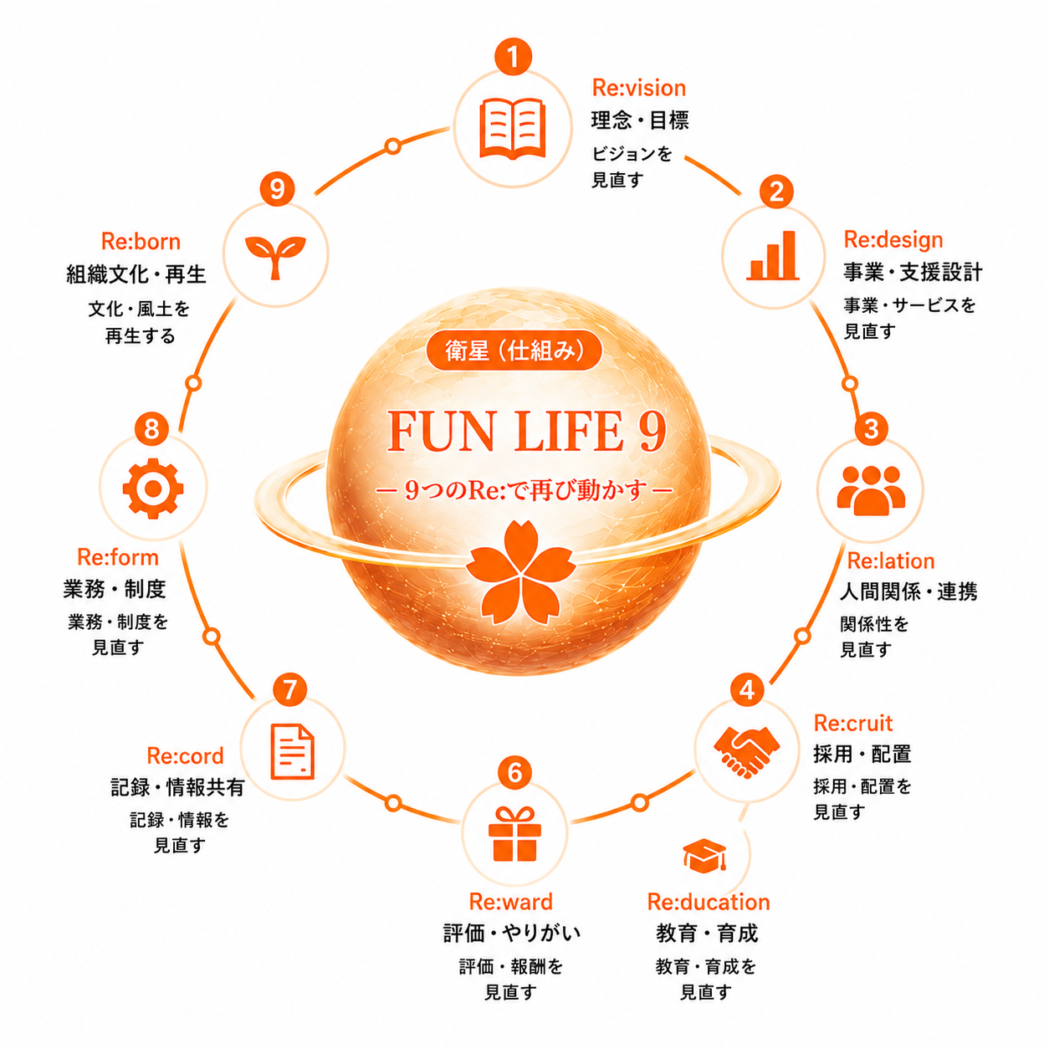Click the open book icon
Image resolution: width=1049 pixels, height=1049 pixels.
pos(512,129)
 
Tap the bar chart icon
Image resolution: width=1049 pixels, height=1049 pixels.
pos(773,255)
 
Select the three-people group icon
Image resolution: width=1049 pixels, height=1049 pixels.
pos(871,490)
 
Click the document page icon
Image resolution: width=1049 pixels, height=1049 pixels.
pos(292,751)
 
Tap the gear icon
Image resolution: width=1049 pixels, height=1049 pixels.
pos(153,489)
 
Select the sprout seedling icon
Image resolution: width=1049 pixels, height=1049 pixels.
pos(275,257)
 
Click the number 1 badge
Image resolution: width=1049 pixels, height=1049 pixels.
pos(513,56)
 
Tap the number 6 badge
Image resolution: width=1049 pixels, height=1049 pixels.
pos(514,772)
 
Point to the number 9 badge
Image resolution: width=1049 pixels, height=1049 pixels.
pos(277,189)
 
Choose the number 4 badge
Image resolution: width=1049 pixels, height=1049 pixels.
pos(747,690)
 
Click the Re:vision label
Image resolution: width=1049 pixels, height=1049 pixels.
pos(638,88)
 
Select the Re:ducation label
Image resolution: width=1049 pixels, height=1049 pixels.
pos(709,903)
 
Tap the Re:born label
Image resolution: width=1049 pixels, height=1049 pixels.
pos(141,242)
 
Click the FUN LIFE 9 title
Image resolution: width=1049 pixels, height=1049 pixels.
pos(527,432)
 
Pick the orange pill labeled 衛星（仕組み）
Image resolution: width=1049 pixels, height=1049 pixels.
pos(514,350)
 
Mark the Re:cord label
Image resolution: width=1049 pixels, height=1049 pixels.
pos(185,755)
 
